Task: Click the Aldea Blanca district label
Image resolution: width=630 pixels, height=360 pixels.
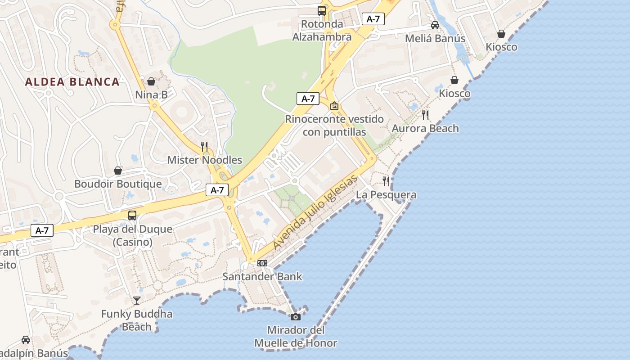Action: (x=72, y=82)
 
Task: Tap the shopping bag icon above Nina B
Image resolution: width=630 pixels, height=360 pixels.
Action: (x=151, y=81)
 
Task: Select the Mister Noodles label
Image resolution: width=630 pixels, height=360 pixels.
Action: (x=205, y=160)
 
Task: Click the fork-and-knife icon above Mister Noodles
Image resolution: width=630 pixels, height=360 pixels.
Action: (x=204, y=146)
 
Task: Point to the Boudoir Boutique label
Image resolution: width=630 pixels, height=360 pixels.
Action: (x=118, y=184)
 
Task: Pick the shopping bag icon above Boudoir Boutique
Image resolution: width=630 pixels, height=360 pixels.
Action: (x=118, y=171)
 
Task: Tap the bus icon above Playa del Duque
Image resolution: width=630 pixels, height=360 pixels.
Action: (x=132, y=215)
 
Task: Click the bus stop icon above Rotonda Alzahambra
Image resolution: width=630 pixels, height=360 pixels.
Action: (x=322, y=11)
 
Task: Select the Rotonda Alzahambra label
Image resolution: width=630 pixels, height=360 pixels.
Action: (x=322, y=30)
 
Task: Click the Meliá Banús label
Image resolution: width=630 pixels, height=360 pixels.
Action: (x=435, y=39)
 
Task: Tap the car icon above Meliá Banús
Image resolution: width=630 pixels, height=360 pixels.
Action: (x=435, y=25)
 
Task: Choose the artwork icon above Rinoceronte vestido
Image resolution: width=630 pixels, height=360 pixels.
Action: (x=334, y=106)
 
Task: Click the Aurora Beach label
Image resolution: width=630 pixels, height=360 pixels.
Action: (x=425, y=128)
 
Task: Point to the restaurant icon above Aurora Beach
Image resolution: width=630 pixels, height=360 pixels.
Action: (x=425, y=115)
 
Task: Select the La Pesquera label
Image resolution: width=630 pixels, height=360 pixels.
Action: (x=386, y=195)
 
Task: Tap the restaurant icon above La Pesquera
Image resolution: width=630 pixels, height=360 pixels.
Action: (x=386, y=181)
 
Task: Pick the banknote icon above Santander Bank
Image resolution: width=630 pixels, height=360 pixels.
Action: (x=262, y=263)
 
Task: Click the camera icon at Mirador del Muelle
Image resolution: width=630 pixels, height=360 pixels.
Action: (x=296, y=317)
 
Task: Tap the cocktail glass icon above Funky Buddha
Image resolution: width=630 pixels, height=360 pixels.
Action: (x=137, y=300)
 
